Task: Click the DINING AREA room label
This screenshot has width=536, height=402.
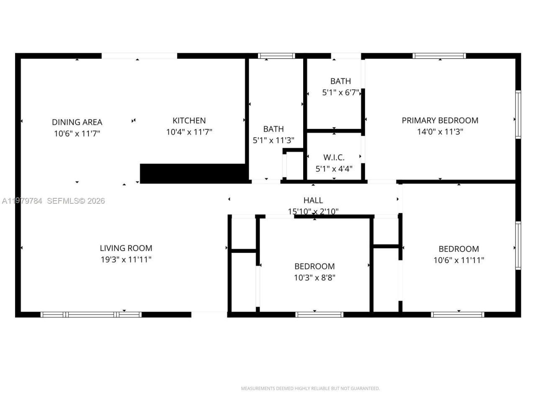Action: [77, 122]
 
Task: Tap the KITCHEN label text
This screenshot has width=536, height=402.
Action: [189, 121]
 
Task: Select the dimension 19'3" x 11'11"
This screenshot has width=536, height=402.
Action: [126, 260]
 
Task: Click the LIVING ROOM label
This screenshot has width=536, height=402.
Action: [126, 248]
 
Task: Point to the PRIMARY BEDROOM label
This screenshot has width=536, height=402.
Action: [440, 121]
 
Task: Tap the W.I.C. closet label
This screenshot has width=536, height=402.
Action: [334, 157]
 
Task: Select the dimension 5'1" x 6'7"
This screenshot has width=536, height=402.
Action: [340, 93]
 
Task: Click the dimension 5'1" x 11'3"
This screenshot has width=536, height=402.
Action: [273, 140]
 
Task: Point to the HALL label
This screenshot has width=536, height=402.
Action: [313, 201]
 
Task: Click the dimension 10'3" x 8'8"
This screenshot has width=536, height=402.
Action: [314, 277]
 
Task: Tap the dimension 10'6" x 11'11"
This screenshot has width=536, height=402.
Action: [459, 260]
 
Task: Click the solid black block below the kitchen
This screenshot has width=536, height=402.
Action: [193, 173]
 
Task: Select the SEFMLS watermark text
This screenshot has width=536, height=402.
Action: [75, 201]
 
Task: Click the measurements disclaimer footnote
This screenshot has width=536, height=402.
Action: [310, 389]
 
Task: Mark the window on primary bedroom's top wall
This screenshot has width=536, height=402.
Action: [439, 56]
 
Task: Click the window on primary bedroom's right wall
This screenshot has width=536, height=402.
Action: [518, 114]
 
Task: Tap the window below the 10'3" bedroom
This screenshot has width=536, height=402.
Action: [319, 314]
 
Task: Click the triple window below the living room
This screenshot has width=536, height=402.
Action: [91, 314]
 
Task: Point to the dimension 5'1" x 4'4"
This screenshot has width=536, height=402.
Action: [334, 169]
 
